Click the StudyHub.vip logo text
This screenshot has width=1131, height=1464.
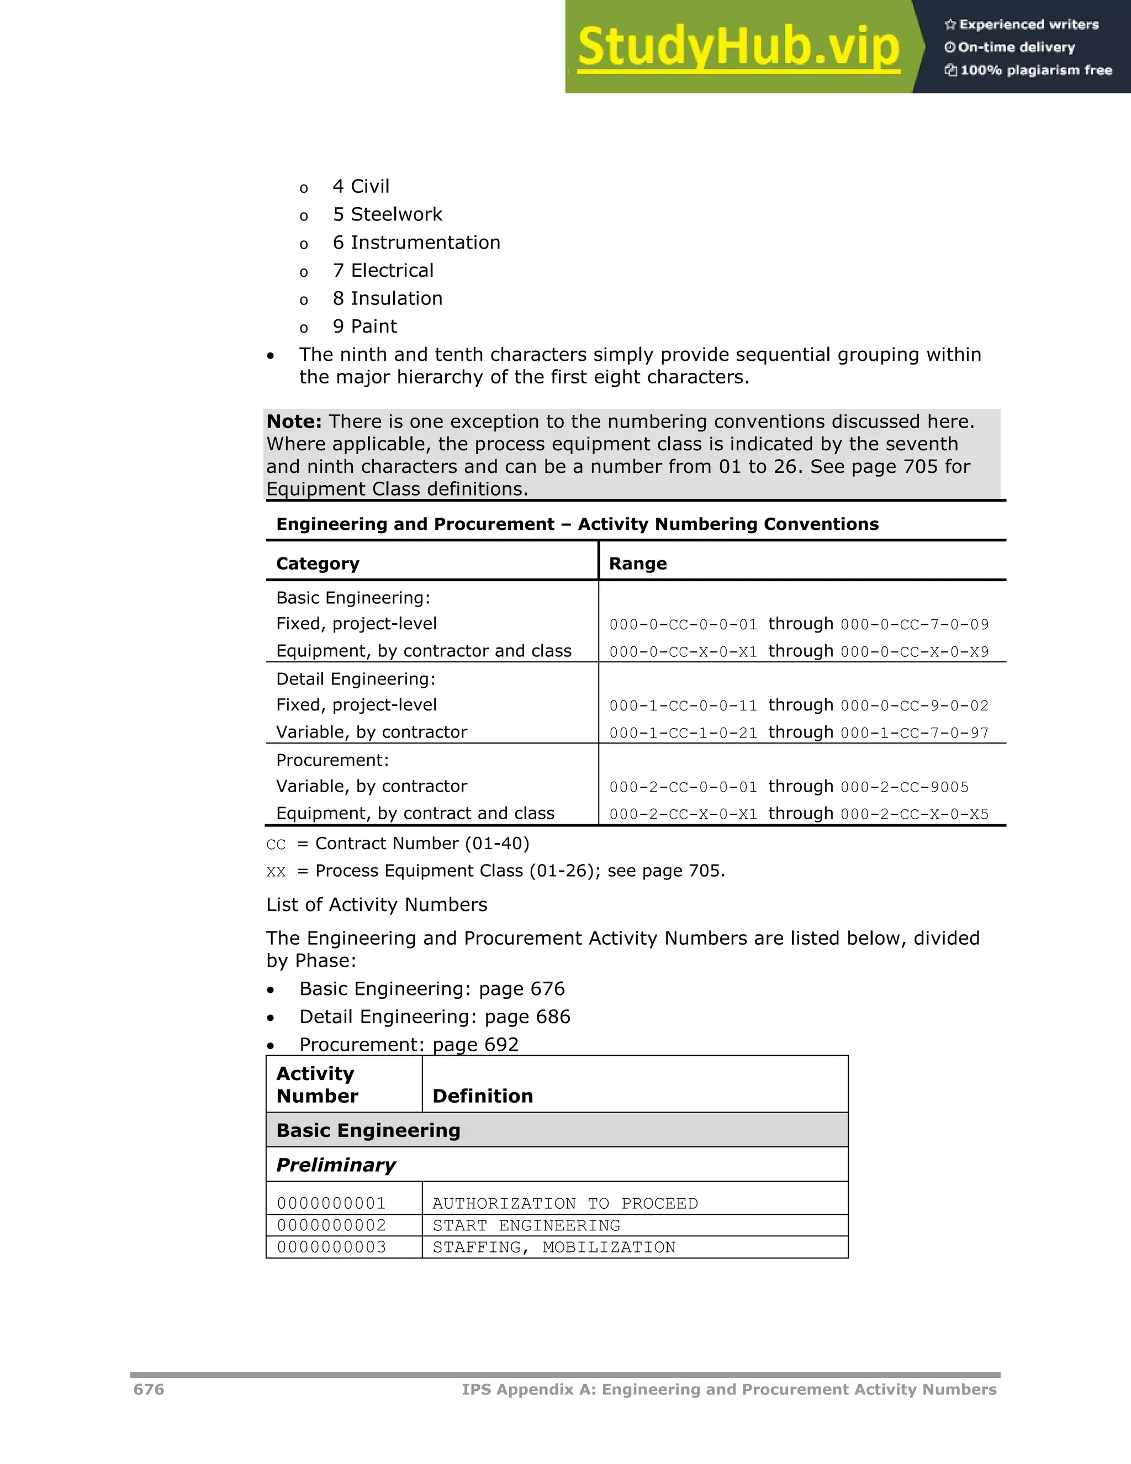coord(738,47)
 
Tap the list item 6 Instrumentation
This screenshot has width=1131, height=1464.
coord(416,243)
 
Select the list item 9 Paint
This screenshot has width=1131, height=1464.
coord(364,326)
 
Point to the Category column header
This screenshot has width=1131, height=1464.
coord(318,564)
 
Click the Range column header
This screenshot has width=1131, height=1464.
coord(637,564)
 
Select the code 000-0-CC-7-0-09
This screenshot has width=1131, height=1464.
coord(915,625)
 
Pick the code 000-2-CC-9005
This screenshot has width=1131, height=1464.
coord(905,787)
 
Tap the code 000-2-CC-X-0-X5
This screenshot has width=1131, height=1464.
coord(915,814)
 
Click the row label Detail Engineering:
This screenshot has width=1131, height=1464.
coord(356,679)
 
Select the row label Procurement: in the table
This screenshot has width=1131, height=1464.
coord(332,760)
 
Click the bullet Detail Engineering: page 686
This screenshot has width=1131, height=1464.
coord(434,1017)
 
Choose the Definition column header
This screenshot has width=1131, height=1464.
coord(483,1096)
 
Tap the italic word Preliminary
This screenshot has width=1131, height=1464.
coord(336,1165)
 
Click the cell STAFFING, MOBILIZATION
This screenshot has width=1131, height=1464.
coord(553,1247)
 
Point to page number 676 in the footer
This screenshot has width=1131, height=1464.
coord(149,1389)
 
